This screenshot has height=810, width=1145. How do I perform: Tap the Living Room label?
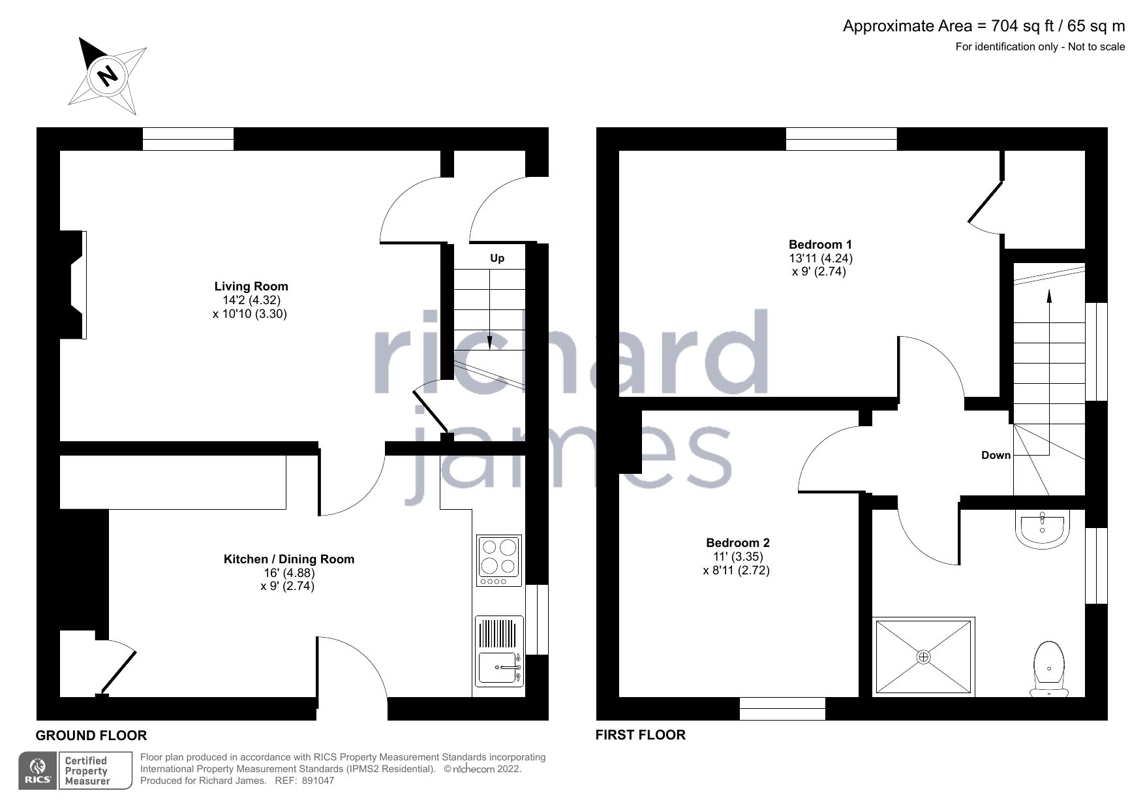click(x=251, y=286)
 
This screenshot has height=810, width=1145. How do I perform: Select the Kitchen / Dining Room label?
click(x=288, y=559)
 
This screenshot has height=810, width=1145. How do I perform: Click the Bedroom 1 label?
click(x=820, y=245)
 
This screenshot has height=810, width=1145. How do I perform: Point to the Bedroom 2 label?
click(x=737, y=542)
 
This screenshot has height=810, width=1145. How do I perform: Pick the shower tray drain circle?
click(x=923, y=657)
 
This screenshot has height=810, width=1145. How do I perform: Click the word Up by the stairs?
click(x=497, y=258)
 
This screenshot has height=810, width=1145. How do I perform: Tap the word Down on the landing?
click(x=996, y=455)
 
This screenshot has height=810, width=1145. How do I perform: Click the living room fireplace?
click(x=74, y=285)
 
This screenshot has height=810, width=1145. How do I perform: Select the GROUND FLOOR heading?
click(x=91, y=736)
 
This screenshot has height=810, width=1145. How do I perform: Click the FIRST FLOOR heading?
click(x=640, y=735)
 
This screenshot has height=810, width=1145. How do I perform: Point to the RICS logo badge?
click(x=38, y=771)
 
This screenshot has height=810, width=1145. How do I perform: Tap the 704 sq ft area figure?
click(x=1019, y=26)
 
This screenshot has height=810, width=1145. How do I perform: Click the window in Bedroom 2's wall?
click(x=782, y=708)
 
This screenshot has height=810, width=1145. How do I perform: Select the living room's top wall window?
click(x=188, y=139)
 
